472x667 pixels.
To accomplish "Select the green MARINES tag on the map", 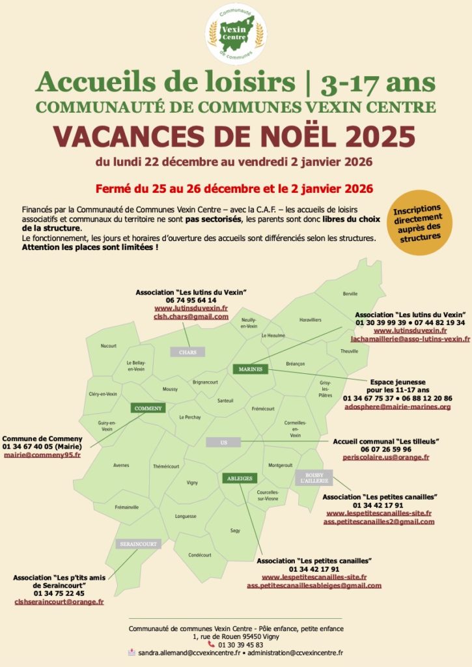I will tap(250, 369).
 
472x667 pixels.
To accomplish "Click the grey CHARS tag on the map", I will tap(187, 352).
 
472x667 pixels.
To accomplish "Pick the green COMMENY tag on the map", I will tap(148, 408).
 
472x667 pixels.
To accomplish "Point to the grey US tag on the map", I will tap(223, 442).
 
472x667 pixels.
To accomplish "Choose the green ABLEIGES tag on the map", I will tap(239, 478).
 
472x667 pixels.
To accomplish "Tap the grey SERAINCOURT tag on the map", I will tap(138, 544).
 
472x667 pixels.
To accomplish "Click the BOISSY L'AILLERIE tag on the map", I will tap(314, 477).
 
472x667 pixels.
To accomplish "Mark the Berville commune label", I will tap(350, 294).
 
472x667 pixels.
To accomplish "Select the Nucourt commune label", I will tap(109, 346).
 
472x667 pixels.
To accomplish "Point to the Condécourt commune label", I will tap(200, 555).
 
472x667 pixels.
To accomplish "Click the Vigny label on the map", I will tap(192, 483).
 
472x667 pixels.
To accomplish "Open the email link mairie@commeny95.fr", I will tap(42, 455).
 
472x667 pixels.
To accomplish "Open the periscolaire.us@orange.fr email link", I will tap(386, 457).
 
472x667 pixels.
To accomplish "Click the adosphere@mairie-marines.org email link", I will tap(397, 406).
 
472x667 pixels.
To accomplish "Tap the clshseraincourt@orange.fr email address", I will tap(59, 602).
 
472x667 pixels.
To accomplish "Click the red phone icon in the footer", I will tap(211, 644).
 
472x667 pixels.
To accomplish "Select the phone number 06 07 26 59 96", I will tap(386, 449).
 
